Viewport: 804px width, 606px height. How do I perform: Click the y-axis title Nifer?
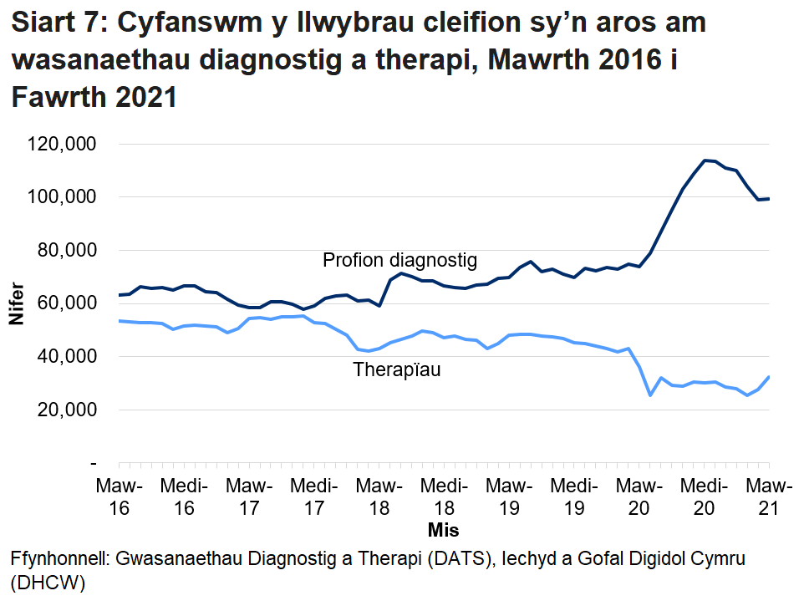16,303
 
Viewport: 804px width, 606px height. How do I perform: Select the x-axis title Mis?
443,530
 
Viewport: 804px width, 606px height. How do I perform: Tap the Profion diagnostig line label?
399,260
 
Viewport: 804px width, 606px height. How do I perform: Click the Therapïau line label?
396,369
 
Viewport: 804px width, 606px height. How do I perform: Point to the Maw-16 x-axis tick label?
119,497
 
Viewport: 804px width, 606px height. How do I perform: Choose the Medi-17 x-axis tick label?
313,497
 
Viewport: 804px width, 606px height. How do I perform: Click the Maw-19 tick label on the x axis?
508,497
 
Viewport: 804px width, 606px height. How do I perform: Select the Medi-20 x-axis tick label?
703,497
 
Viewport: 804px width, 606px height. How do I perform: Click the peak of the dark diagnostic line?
706,160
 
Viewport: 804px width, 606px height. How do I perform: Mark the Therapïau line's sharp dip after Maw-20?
650,395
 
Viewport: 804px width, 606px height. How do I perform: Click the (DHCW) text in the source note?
48,582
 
